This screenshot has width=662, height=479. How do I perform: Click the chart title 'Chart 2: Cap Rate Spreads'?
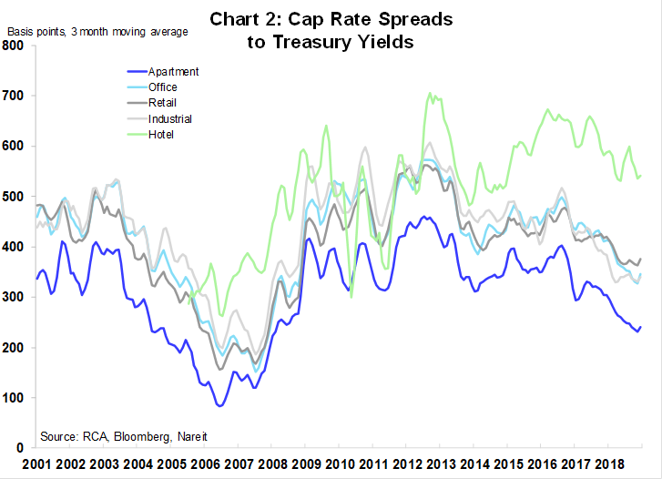click(331, 19)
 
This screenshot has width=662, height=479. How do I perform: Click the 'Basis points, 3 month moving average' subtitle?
click(97, 32)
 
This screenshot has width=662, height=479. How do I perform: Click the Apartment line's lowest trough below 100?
click(219, 406)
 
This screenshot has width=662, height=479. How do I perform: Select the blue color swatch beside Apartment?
click(142, 71)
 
